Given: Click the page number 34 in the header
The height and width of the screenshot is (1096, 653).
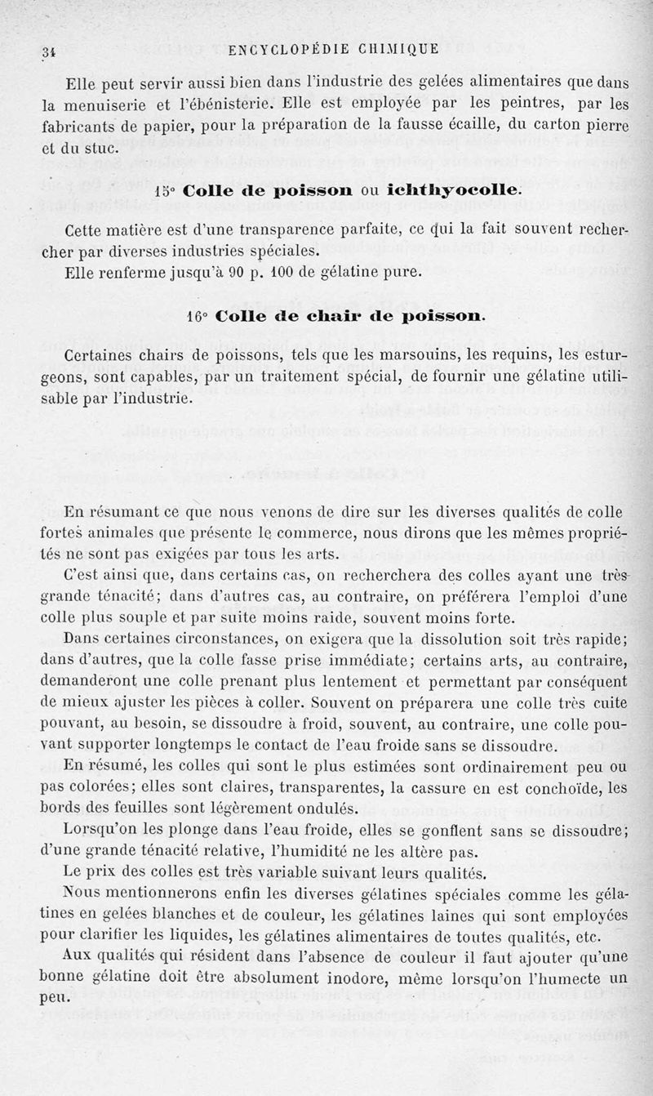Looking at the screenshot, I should [x=49, y=51].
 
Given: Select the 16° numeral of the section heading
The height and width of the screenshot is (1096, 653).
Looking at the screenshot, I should [x=197, y=314].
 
